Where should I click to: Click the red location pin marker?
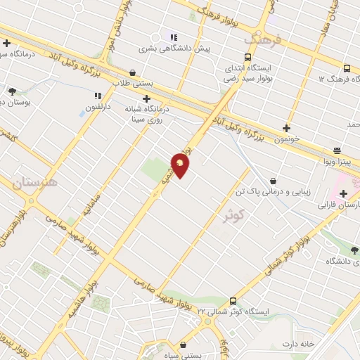[180, 165]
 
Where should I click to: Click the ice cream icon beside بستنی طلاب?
[133, 72]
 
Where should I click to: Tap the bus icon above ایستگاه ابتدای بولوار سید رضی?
[247, 57]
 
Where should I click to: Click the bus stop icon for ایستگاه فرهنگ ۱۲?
[347, 68]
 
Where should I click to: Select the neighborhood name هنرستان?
[37, 185]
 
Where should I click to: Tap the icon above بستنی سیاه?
[184, 345]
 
